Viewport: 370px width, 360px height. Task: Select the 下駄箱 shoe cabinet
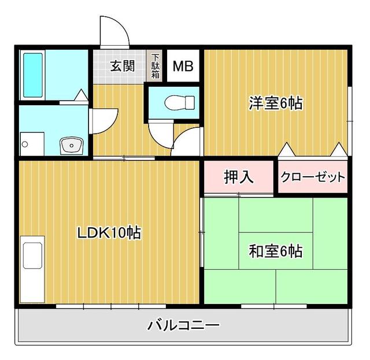pos(156,65)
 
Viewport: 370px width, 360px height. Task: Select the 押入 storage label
pos(238,177)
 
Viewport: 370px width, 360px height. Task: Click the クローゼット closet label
pos(313,177)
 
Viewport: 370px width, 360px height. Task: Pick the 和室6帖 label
pos(275,251)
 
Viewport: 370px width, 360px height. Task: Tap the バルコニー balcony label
pos(183,325)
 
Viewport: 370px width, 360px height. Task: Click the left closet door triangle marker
pos(287,150)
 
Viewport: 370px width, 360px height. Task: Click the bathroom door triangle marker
pos(82,95)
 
